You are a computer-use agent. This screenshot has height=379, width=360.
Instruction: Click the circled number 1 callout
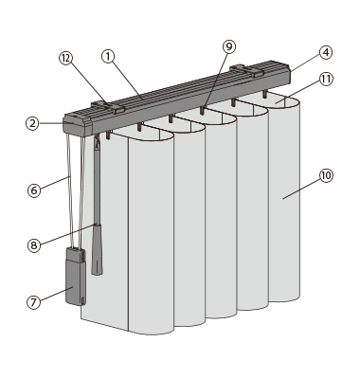[x=108, y=57]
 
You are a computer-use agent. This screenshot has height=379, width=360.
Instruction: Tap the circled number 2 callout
[x=32, y=123]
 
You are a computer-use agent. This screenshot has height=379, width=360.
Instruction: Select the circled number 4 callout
[x=326, y=52]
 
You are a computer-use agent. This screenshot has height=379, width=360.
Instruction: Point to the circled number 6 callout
[x=34, y=190]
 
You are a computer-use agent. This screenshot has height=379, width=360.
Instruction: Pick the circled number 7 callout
[x=33, y=302]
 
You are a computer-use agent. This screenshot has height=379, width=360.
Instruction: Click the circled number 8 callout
[x=34, y=245]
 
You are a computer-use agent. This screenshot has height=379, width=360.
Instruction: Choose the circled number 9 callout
[x=229, y=46]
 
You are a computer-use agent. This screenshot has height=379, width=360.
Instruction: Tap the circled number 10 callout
[x=326, y=175]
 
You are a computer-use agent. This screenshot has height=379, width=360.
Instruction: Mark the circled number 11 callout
[x=326, y=79]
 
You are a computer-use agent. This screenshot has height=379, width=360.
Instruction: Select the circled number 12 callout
[x=66, y=59]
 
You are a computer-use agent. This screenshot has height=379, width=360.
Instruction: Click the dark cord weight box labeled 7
[x=76, y=277]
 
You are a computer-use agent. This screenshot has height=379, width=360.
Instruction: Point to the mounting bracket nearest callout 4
[x=247, y=71]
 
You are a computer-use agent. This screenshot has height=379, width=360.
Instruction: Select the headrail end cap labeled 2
[x=78, y=125]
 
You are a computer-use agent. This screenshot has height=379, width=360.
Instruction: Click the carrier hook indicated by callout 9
[x=202, y=111]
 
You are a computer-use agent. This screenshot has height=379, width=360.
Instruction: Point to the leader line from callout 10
[x=301, y=189]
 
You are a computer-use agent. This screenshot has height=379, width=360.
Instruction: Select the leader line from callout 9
[x=216, y=81]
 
